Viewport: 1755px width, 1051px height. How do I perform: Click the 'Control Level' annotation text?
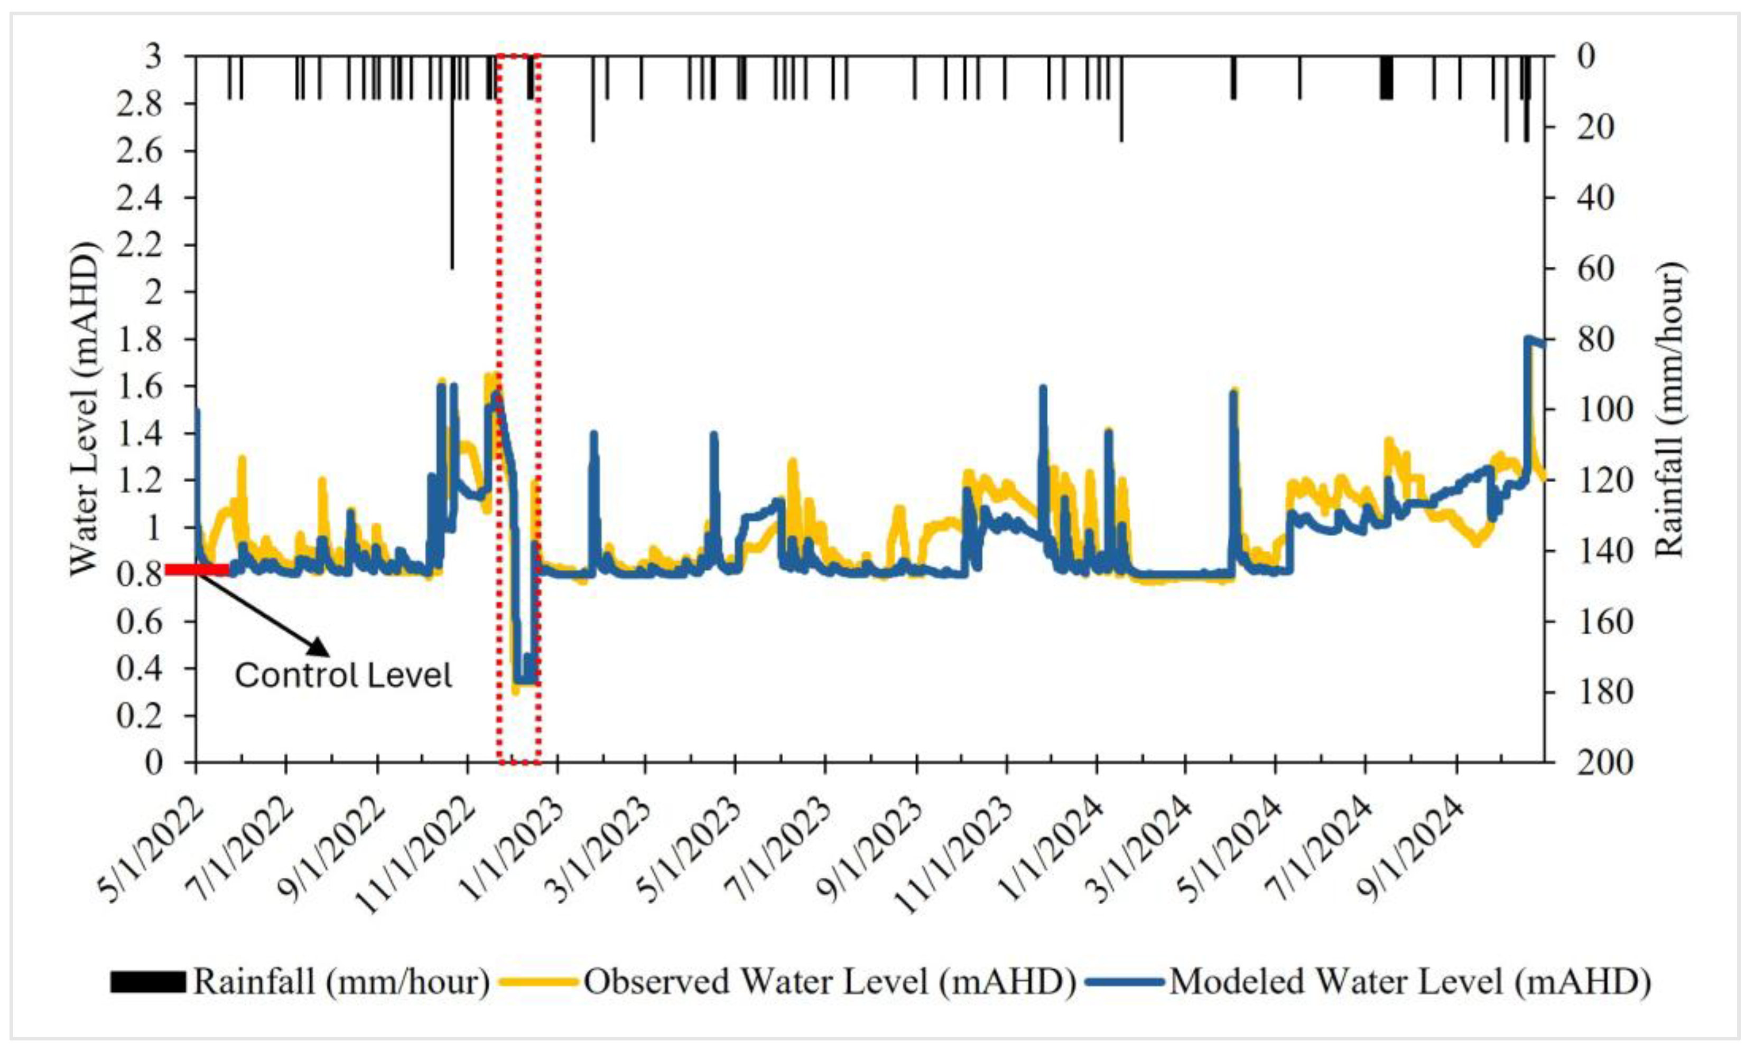pyautogui.click(x=343, y=675)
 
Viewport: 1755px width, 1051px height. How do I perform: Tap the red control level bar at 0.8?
pyautogui.click(x=198, y=569)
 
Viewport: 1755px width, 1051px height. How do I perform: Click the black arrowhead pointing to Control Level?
pyautogui.click(x=319, y=646)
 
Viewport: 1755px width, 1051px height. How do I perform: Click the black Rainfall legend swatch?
pyautogui.click(x=147, y=982)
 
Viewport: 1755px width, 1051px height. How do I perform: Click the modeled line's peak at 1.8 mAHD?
pyautogui.click(x=1529, y=339)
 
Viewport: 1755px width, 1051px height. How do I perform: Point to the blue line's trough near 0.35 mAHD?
pyautogui.click(x=524, y=680)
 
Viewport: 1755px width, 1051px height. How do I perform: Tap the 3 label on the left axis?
pyautogui.click(x=152, y=56)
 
